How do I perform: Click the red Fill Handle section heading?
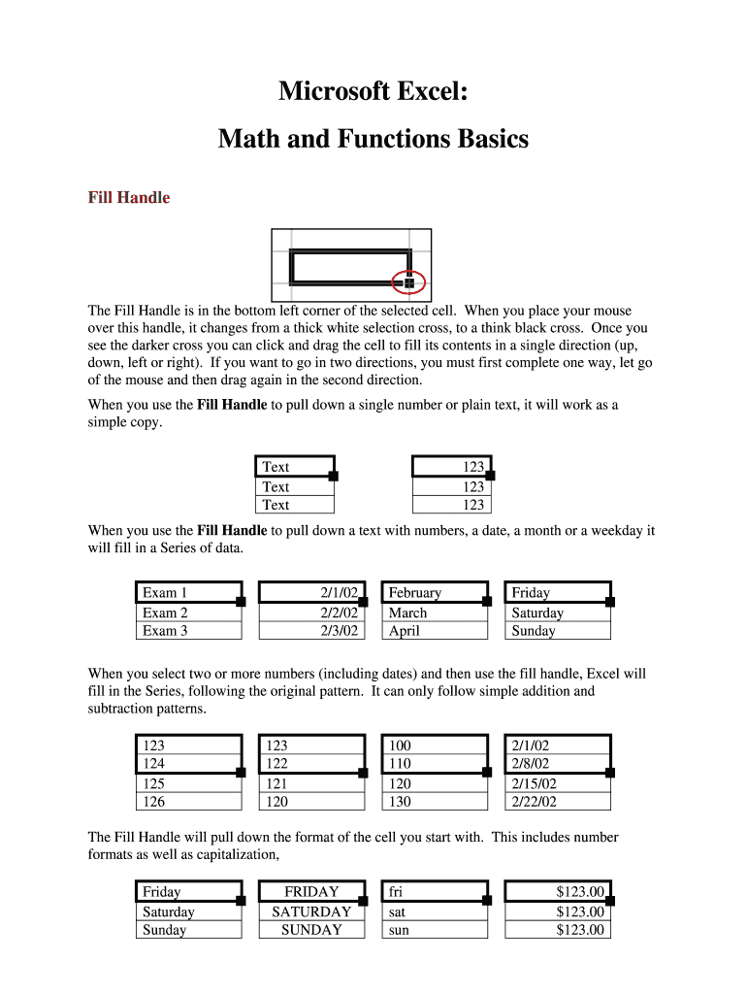(x=129, y=198)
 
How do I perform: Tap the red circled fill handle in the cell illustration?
(x=408, y=282)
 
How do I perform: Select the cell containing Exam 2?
(x=187, y=613)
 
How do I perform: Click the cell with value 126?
(x=187, y=802)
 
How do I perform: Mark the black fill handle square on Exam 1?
(x=241, y=602)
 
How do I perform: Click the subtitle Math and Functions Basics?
(x=373, y=140)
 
